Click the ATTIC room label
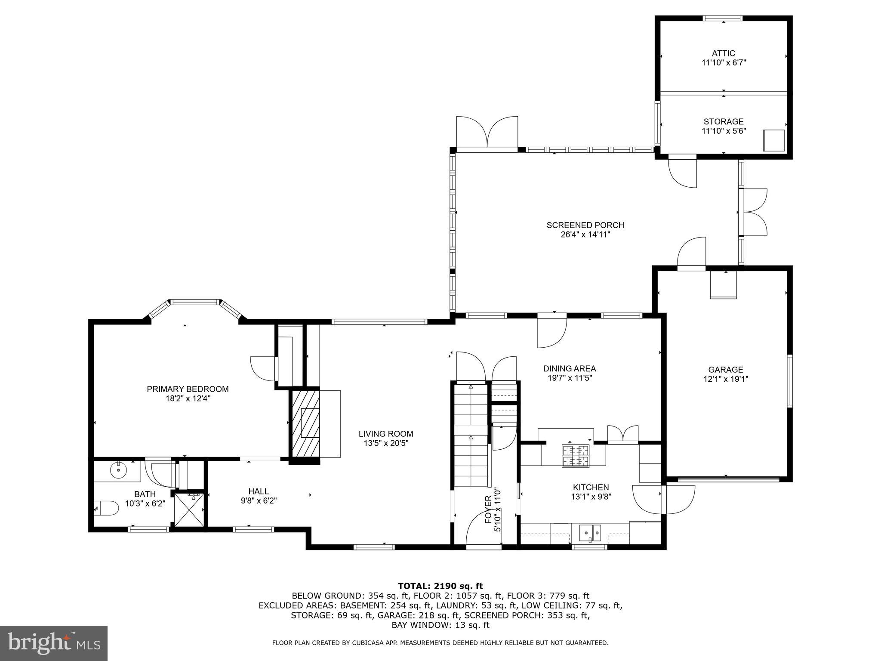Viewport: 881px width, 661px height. pyautogui.click(x=723, y=53)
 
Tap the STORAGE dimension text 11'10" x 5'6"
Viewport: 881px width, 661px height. pyautogui.click(x=724, y=131)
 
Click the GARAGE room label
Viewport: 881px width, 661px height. pyautogui.click(x=725, y=369)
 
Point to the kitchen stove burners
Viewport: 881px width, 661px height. pyautogui.click(x=575, y=456)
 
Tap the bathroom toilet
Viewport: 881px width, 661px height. pyautogui.click(x=106, y=508)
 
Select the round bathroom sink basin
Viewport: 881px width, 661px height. pyautogui.click(x=118, y=470)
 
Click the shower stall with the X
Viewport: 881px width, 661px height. pyautogui.click(x=189, y=509)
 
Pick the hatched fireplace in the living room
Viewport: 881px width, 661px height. pyautogui.click(x=306, y=423)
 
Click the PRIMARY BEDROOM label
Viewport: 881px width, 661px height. pyautogui.click(x=188, y=389)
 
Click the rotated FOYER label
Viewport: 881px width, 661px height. pyautogui.click(x=488, y=509)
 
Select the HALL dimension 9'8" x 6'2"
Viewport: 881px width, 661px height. pyautogui.click(x=259, y=501)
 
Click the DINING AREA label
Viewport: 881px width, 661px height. pyautogui.click(x=569, y=368)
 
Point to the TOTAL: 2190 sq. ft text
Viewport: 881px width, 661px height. pyautogui.click(x=440, y=586)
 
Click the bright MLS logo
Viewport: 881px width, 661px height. pyautogui.click(x=54, y=643)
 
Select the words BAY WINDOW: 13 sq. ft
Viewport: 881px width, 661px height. pyautogui.click(x=440, y=625)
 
